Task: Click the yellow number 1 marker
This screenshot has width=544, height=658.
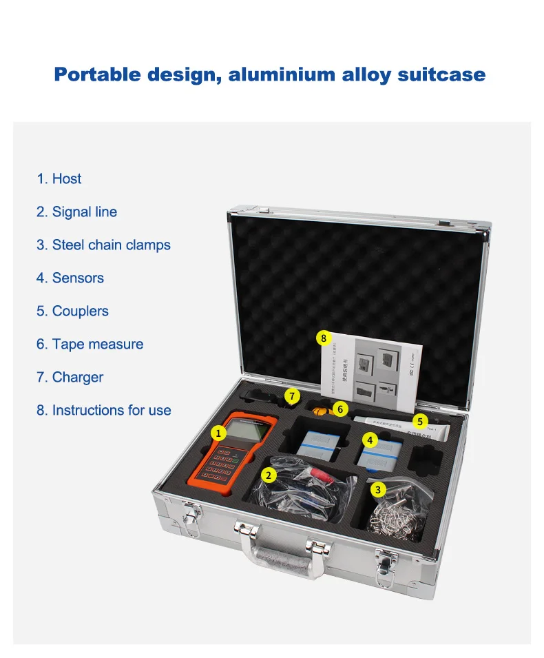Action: coord(218,433)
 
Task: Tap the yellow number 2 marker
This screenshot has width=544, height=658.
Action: coord(269,474)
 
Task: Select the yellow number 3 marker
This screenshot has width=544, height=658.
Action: coord(377,489)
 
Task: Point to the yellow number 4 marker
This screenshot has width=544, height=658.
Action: coord(370,440)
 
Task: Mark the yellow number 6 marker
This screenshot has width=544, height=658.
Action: coord(339,409)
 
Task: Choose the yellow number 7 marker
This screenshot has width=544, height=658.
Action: coord(292,396)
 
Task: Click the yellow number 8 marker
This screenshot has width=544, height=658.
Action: coord(324,338)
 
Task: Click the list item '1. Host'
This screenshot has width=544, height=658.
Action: coord(59,179)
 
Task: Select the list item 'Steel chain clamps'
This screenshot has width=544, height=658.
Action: coord(103,245)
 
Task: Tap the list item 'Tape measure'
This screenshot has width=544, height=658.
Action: coord(90,345)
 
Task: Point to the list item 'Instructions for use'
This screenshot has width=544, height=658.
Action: coord(104,411)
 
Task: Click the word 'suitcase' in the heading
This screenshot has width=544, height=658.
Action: coord(441,74)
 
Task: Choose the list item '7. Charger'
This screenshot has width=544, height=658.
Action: coord(70,378)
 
